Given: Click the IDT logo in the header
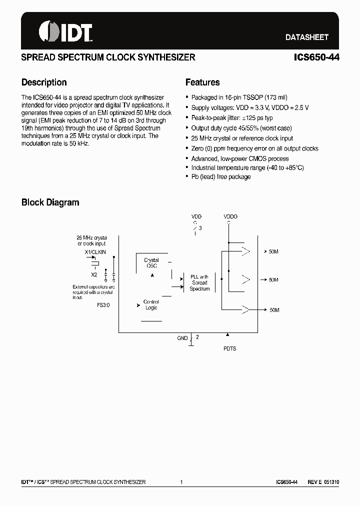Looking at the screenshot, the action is coord(65,31).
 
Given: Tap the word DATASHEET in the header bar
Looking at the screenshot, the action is coord(306,37).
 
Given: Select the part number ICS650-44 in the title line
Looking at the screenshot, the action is coord(316,57).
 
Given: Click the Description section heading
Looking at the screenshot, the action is coord(44,82).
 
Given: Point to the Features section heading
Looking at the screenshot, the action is coord(202,82).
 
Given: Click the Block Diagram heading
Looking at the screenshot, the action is coord(50,202).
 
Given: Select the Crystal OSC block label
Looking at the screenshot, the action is coord(151,263).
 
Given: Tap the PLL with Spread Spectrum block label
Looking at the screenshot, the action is coord(199,282).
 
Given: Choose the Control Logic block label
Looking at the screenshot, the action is coord(151,304).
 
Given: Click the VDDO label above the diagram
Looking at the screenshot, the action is coord(230,216).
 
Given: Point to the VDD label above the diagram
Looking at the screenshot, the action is coord(197,216).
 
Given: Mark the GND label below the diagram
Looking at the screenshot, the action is coord(182,338).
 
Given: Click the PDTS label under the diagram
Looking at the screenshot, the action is coord(229,348).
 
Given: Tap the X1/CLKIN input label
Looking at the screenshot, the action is coord(95,253).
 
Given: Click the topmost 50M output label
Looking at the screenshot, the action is coord(273,251).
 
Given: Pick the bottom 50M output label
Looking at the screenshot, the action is coord(274,310).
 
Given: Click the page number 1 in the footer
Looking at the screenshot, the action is coord(181,482).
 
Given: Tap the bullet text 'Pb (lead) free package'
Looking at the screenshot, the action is coord(221,177).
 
